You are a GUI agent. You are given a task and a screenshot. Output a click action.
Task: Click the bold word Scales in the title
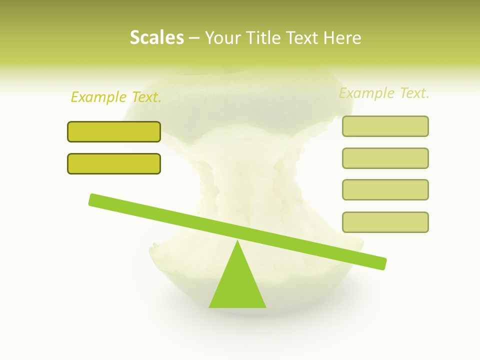click(x=156, y=37)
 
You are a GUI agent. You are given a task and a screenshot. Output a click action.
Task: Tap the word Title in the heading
click(x=264, y=37)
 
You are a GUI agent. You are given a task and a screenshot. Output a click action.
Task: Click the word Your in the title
click(x=223, y=37)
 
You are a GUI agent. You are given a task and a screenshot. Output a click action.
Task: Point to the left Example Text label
click(x=116, y=97)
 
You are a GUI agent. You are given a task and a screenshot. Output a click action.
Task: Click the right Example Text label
click(x=384, y=93)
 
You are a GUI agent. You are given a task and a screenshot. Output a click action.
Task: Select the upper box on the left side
click(x=114, y=131)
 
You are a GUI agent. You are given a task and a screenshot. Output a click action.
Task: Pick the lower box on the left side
click(x=114, y=163)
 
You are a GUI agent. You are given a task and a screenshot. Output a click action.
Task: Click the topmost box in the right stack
click(x=385, y=126)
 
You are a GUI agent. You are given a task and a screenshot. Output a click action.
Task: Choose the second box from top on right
click(x=385, y=158)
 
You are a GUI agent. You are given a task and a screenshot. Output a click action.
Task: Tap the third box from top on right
click(x=385, y=189)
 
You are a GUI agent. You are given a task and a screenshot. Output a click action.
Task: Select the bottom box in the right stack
click(x=385, y=222)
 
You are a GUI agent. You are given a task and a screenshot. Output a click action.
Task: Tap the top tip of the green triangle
click(x=237, y=241)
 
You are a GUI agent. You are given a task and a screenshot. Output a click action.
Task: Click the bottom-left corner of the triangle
click(x=210, y=306)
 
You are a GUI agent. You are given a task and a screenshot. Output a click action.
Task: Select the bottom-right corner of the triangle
click(x=265, y=306)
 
